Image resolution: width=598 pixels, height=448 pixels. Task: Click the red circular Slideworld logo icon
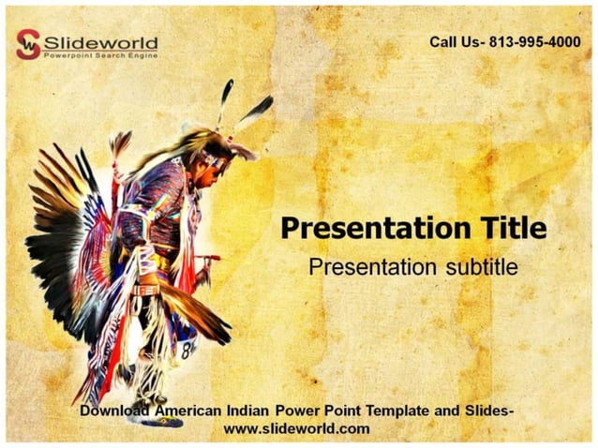coord(29,44)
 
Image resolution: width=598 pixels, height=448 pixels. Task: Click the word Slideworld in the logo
coord(101,41)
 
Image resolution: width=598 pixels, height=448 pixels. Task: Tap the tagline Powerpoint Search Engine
coord(101,56)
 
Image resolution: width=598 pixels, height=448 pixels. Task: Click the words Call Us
coord(456,42)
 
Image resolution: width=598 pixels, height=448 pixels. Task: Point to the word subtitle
coord(480,266)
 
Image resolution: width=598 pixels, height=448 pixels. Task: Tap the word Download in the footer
coord(116,411)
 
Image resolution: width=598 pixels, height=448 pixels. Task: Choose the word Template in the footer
coord(402,411)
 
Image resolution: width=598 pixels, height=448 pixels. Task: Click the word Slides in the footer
coord(487,411)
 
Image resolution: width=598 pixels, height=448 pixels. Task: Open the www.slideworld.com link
coord(297,429)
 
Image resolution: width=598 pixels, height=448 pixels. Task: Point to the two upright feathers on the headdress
coord(239,106)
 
